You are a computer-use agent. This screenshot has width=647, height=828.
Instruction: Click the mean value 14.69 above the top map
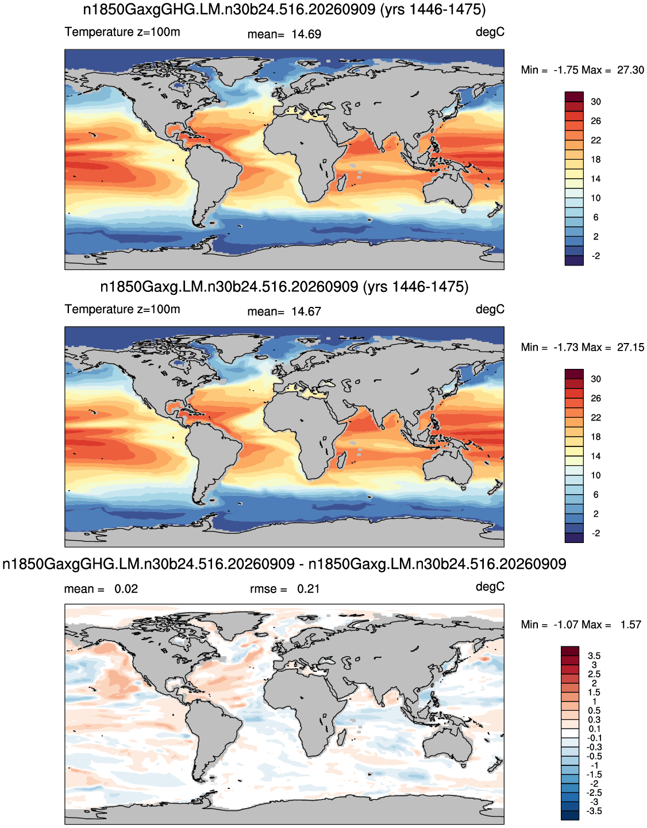[x=306, y=34]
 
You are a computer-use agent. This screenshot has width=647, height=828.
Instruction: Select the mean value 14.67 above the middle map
[x=306, y=311]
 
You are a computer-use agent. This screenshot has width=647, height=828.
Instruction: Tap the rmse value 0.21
[x=308, y=589]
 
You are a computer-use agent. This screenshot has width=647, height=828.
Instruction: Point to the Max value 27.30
[x=630, y=70]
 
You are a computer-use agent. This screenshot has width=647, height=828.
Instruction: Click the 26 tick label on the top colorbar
[x=595, y=121]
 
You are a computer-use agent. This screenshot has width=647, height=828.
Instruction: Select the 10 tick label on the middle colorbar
[x=595, y=476]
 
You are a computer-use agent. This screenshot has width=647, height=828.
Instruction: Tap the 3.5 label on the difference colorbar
[x=594, y=656]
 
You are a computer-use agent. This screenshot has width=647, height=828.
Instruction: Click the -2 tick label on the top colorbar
[x=595, y=256]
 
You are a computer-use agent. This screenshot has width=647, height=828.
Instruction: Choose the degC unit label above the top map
[x=490, y=32]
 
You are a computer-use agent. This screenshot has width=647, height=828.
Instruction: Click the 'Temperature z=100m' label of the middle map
[x=122, y=309]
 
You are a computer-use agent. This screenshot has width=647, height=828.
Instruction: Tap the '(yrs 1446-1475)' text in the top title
[x=433, y=10]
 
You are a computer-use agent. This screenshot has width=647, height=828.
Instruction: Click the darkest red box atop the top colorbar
[x=574, y=97]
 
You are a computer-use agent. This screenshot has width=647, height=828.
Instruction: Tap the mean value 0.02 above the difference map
[x=126, y=589]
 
